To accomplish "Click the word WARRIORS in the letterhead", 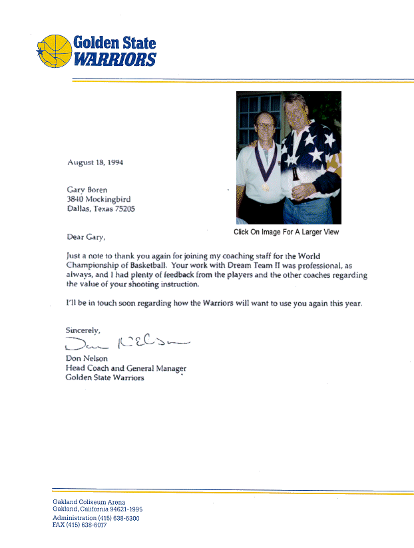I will pos(114,60).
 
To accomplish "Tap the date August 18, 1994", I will pos(95,162).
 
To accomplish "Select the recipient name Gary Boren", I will pos(87,190).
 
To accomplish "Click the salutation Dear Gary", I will pos(86,236).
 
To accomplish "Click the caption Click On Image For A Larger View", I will pos(286,232).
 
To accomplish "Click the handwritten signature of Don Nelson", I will pos(126,344).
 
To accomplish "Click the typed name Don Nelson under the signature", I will pos(87,359).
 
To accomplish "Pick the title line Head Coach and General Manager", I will pos(126,368).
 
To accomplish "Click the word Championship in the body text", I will pos(94,265).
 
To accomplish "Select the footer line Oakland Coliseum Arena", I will pos(89,502).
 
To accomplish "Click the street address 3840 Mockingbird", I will pos(97,199).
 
